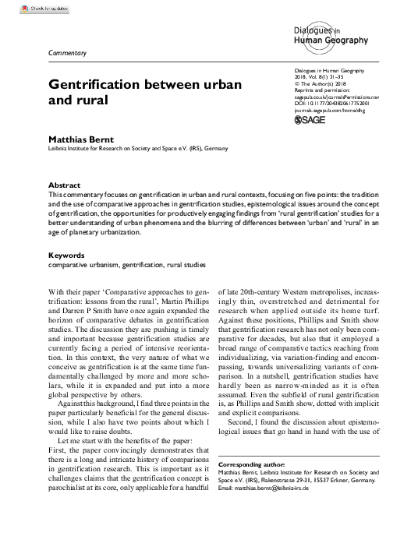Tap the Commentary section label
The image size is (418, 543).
(x=67, y=52)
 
